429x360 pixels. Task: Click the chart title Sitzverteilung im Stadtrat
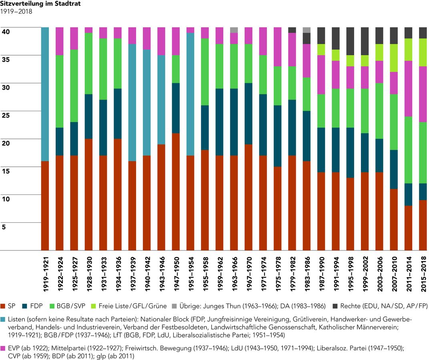(40, 4)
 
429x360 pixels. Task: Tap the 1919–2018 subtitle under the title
(16, 12)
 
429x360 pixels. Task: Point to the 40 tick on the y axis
(6, 32)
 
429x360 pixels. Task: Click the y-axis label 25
(6, 116)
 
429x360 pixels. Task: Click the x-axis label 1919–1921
(45, 274)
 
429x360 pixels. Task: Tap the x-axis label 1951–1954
(191, 274)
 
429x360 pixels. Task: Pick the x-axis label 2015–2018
(423, 274)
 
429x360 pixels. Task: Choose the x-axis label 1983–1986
(307, 274)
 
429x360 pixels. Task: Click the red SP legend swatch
(3, 306)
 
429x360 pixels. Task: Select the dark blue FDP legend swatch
(25, 306)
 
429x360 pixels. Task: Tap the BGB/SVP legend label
(71, 306)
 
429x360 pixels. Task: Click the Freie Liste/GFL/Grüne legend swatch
(93, 306)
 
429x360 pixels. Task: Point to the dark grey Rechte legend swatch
(335, 306)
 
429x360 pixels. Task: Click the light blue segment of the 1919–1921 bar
(45, 94)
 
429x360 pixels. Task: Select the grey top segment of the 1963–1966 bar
(234, 30)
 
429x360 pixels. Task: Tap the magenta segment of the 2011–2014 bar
(409, 89)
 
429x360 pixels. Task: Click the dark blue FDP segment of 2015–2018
(423, 192)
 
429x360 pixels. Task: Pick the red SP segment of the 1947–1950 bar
(176, 192)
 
